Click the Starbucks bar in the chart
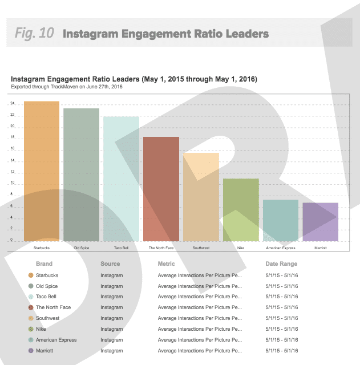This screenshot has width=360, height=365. (42, 171)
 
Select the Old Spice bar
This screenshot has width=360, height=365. (81, 175)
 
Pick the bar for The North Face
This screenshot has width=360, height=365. (161, 189)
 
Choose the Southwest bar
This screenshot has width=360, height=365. (201, 197)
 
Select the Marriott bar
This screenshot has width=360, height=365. (320, 222)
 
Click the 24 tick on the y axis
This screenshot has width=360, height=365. (12, 104)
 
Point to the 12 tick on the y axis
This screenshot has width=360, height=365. (12, 172)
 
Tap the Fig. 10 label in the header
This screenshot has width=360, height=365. (34, 33)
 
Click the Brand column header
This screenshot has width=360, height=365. (44, 264)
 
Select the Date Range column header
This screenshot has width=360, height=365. (281, 264)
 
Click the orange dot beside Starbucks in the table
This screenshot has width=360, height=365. (31, 275)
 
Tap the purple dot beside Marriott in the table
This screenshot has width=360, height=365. (31, 351)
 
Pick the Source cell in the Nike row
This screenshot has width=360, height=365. (111, 329)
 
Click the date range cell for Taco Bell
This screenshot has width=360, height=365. (282, 297)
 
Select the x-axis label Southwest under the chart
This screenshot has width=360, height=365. (201, 248)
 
